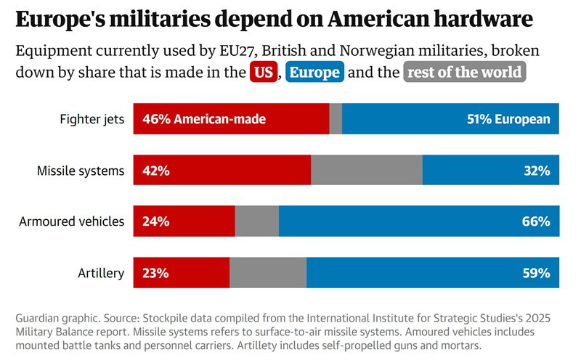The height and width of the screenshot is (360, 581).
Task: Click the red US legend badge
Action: (x=264, y=71)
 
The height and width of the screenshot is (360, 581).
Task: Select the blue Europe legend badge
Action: (x=314, y=71)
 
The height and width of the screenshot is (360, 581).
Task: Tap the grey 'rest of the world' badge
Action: (x=464, y=71)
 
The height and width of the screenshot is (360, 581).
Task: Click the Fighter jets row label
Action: (x=92, y=119)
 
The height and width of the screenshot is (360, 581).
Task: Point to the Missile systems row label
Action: (x=81, y=171)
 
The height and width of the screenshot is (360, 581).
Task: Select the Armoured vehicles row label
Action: (x=71, y=221)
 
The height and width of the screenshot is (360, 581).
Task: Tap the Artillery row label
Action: (x=101, y=273)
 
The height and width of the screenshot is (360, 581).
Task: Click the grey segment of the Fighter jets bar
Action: (x=336, y=118)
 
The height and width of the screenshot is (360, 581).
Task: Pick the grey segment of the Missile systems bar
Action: (x=367, y=170)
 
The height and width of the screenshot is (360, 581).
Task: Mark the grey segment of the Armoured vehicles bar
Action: (x=257, y=221)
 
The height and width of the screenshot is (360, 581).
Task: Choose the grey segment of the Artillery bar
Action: (x=268, y=272)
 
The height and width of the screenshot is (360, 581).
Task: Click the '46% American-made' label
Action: (x=204, y=119)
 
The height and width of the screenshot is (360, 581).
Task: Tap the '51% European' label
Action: (x=508, y=119)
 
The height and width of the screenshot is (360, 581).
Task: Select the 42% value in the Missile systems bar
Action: (x=156, y=171)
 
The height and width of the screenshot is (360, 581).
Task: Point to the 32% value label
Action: (x=537, y=171)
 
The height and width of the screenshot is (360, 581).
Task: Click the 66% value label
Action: (x=536, y=221)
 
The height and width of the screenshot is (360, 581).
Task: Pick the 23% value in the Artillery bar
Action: (x=155, y=273)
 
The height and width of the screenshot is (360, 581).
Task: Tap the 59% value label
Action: (x=537, y=273)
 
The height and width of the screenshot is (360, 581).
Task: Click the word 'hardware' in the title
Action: (x=483, y=19)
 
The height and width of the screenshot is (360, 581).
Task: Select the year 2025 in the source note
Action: (x=538, y=318)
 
